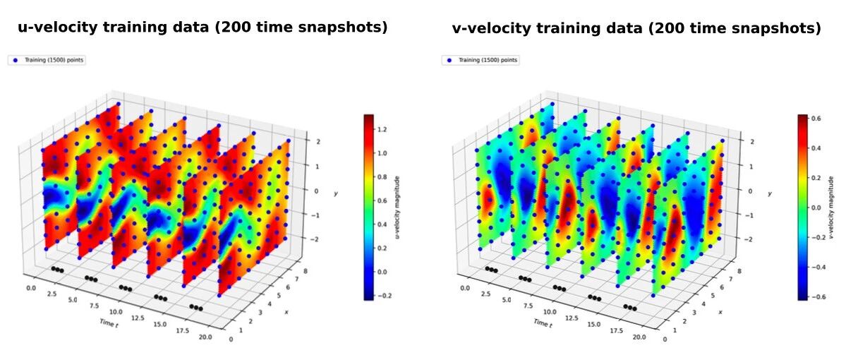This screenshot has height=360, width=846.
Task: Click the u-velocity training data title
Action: (x=203, y=28)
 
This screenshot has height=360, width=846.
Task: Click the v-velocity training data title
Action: (x=636, y=28)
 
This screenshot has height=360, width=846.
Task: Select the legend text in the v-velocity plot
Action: (x=487, y=61)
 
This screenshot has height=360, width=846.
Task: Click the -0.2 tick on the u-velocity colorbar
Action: (x=382, y=296)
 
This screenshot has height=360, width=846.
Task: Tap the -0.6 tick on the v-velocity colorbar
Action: (x=815, y=296)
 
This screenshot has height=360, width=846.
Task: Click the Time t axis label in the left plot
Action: (x=107, y=323)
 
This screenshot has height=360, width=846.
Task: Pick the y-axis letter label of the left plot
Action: (x=336, y=193)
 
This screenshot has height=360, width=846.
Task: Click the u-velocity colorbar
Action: (x=369, y=207)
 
